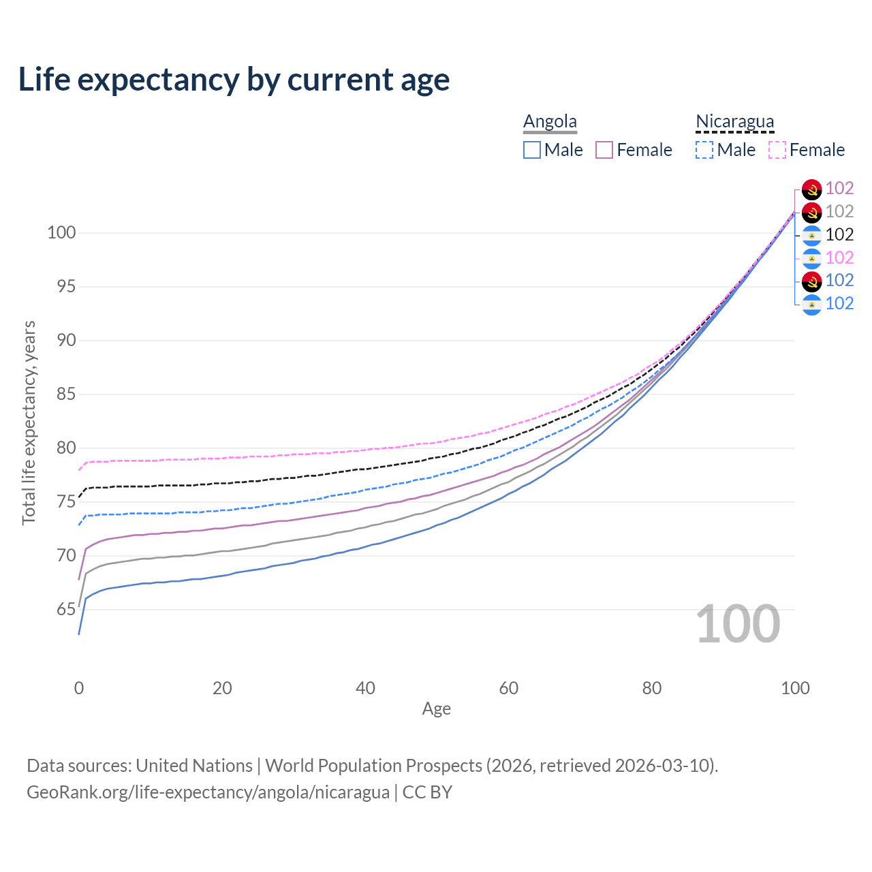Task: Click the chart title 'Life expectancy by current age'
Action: [234, 80]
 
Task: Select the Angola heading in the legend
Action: [550, 122]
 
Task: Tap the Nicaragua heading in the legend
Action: [734, 122]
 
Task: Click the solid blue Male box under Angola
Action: [532, 150]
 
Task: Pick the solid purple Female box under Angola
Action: [604, 150]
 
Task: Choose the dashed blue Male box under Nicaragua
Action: [704, 150]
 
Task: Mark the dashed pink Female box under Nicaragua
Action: [777, 150]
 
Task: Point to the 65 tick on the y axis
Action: [65, 609]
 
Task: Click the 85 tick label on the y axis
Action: [65, 394]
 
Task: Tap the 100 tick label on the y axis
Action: [61, 232]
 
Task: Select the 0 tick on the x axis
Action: [79, 688]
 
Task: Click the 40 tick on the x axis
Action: [365, 688]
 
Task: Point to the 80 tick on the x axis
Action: [652, 688]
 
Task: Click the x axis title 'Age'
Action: [436, 709]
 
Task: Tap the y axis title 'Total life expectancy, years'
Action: [29, 422]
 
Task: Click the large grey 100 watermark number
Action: [737, 624]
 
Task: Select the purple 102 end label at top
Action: [839, 188]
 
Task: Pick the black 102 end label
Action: [839, 234]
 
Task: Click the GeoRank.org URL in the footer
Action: [208, 792]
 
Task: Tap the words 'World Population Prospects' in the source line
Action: [373, 766]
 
